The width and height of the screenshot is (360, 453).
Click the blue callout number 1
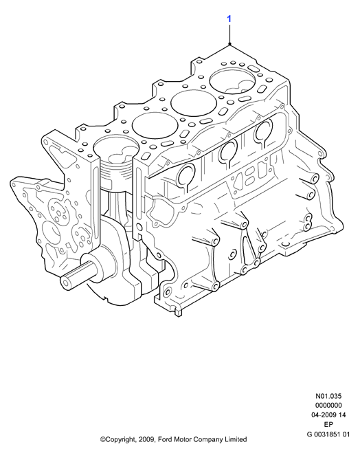click(229, 19)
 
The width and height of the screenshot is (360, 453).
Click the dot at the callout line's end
click(229, 44)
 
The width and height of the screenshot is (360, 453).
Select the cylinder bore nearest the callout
click(233, 80)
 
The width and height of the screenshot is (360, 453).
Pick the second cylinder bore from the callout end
click(194, 103)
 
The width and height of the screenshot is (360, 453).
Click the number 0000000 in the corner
click(328, 406)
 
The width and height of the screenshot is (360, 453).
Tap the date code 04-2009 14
click(328, 415)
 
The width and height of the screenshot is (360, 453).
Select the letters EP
click(328, 424)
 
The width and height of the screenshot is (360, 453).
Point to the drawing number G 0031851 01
click(328, 434)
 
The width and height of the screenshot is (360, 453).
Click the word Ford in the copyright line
click(165, 440)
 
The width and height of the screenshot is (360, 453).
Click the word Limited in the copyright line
click(236, 440)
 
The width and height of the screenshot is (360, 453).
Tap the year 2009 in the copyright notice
click(146, 440)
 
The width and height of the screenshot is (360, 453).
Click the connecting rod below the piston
click(115, 202)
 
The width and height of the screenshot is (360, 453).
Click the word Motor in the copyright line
click(182, 440)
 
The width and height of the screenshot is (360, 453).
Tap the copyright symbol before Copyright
click(102, 440)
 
